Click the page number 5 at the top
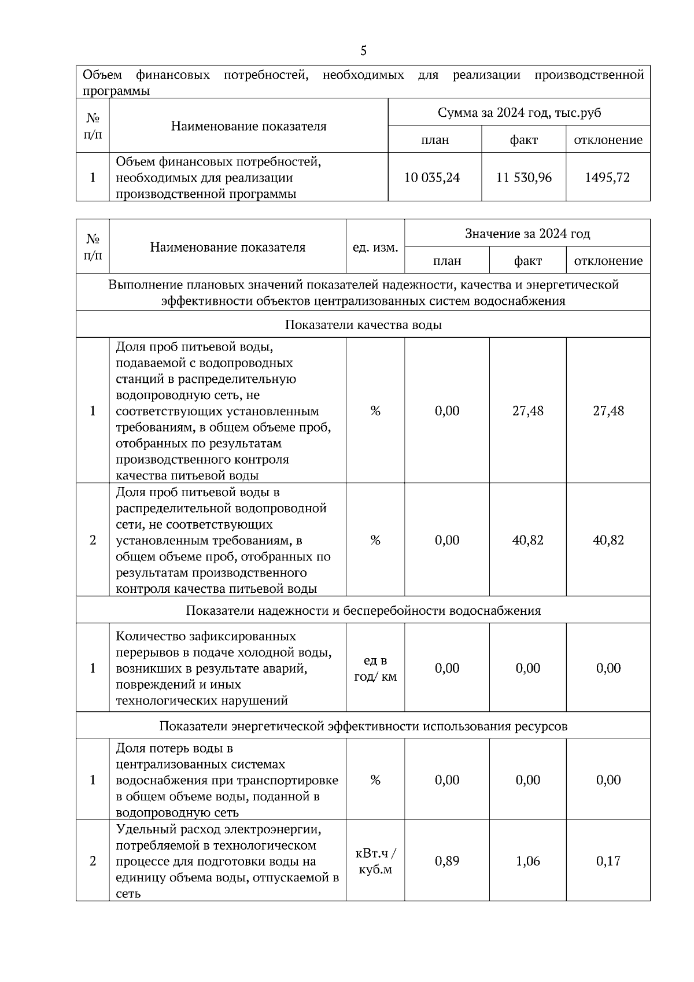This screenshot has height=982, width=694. click(x=363, y=51)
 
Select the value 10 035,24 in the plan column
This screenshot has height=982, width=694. click(x=432, y=178)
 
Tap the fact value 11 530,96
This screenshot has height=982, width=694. click(x=524, y=178)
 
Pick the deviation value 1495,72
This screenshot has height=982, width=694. click(x=607, y=178)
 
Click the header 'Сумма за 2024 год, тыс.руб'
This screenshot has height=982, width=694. click(x=519, y=113)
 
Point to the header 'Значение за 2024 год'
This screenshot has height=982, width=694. click(x=527, y=234)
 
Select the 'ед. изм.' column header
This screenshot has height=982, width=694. click(x=375, y=248)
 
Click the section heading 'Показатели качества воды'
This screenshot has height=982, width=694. click(x=363, y=325)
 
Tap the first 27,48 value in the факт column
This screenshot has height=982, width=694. click(x=528, y=411)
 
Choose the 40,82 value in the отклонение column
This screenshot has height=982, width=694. click(x=608, y=540)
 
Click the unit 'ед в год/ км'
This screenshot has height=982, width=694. click(x=375, y=669)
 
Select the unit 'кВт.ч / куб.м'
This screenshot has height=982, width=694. click(x=375, y=861)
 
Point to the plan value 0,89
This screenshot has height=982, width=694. click(x=447, y=861)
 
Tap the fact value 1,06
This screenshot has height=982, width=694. click(x=528, y=861)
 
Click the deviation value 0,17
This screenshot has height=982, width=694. click(x=608, y=861)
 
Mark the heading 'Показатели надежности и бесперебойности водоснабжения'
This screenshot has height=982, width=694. click(x=363, y=611)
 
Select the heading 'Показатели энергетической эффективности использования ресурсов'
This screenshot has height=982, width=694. click(x=363, y=726)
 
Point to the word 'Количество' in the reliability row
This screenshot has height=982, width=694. click(x=150, y=636)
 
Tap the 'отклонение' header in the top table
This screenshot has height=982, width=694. click(x=608, y=140)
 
